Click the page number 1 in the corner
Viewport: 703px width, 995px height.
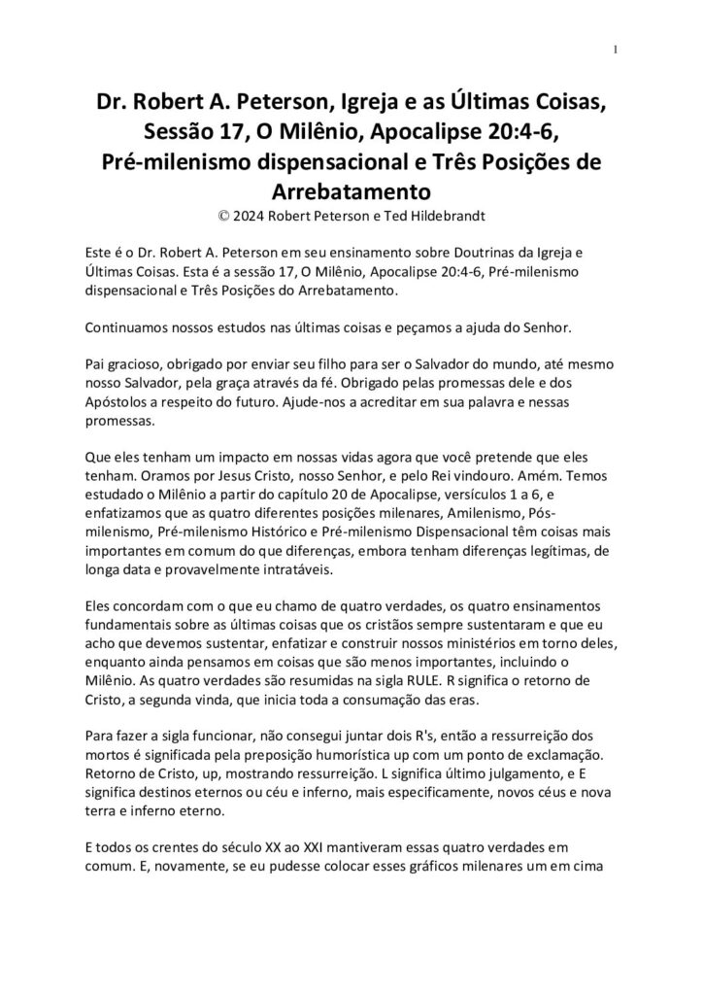tap(616, 50)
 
